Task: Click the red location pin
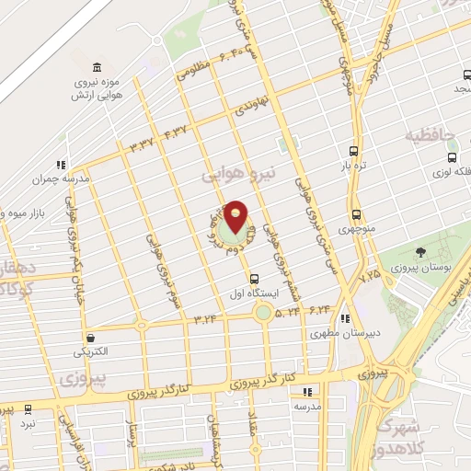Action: pyautogui.click(x=236, y=217)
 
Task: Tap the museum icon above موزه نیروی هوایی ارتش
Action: pyautogui.click(x=98, y=67)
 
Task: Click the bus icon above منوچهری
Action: pyautogui.click(x=355, y=214)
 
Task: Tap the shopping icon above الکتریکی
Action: pyautogui.click(x=90, y=338)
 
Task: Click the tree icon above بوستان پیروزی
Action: pyautogui.click(x=420, y=252)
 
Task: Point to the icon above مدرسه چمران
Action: pyautogui.click(x=62, y=166)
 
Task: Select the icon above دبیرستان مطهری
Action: pyautogui.click(x=344, y=319)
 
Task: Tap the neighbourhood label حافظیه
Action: pyautogui.click(x=431, y=137)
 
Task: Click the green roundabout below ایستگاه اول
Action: pyautogui.click(x=264, y=313)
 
